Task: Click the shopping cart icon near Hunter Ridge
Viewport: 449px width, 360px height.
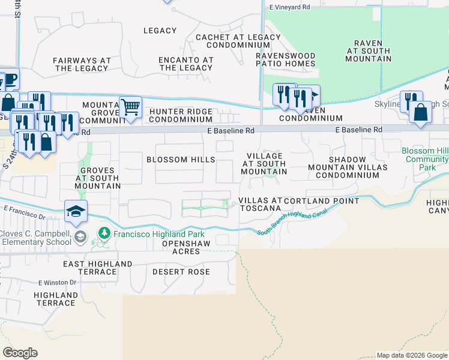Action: click(x=130, y=107)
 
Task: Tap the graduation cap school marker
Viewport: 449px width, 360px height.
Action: click(x=77, y=211)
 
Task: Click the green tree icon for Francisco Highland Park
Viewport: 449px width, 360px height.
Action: click(x=104, y=233)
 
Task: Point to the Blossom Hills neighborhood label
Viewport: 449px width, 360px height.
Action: click(x=181, y=160)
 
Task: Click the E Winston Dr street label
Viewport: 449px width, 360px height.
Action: click(x=58, y=282)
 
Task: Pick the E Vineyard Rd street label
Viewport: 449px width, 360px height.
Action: click(x=289, y=7)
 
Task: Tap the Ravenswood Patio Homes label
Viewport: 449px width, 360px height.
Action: click(x=286, y=59)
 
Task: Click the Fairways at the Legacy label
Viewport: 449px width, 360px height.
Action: click(x=82, y=64)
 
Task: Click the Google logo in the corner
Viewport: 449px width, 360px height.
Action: click(x=20, y=353)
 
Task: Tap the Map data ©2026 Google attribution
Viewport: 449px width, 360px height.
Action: click(x=411, y=355)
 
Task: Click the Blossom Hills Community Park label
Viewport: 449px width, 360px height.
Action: click(x=426, y=159)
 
